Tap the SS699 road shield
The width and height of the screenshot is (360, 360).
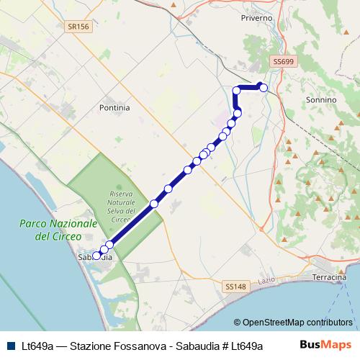point(282,63)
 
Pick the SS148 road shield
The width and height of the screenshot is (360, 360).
point(234,287)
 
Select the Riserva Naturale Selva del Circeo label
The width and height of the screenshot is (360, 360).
point(122,207)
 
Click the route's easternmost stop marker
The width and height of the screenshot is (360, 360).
point(264,88)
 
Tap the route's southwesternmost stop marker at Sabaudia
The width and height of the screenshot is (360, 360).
point(96,256)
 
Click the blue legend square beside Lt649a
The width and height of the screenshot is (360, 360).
point(10,346)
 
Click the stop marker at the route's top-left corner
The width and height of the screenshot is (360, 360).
point(236,90)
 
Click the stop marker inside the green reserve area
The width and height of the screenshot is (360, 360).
point(154,204)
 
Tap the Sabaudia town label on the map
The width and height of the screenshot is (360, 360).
point(94,256)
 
